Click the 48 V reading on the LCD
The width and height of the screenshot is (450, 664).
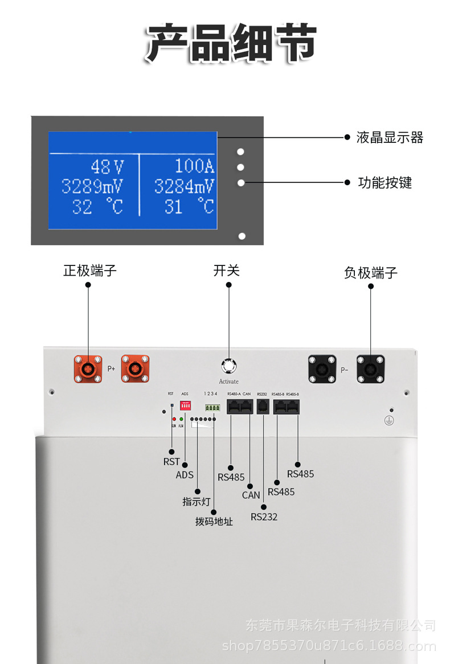[x=107, y=167]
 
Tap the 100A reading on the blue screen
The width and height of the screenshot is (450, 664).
[x=194, y=166]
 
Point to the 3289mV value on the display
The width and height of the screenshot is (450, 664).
[x=92, y=186]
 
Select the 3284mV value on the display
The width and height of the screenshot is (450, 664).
[x=184, y=186]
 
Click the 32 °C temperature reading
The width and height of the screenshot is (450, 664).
[x=97, y=206]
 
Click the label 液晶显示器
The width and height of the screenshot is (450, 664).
[x=390, y=137]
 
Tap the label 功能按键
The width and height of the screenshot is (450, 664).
[x=384, y=183]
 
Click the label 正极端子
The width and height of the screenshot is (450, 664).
[x=89, y=270]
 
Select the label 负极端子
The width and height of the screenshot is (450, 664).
[x=371, y=273]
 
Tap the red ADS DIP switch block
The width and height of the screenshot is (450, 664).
[x=185, y=405]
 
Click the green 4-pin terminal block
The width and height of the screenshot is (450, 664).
[x=212, y=408]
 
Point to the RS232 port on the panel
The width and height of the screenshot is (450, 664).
[x=263, y=407]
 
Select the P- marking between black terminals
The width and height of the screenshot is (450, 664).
[x=344, y=370]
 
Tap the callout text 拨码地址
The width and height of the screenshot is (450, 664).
[x=214, y=521]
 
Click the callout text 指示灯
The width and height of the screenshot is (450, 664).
[x=197, y=502]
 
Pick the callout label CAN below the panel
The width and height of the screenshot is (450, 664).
[x=251, y=495]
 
